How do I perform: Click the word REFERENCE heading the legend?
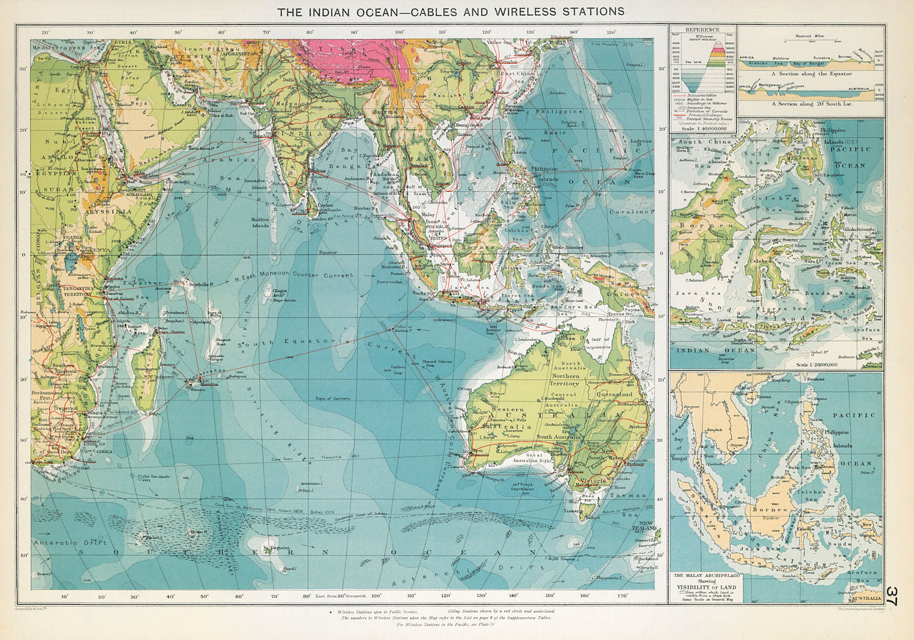click(x=702, y=30)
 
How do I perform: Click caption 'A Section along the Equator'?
click(x=811, y=74)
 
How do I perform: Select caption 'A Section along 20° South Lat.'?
click(x=811, y=104)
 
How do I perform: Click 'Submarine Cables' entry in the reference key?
click(x=703, y=95)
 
